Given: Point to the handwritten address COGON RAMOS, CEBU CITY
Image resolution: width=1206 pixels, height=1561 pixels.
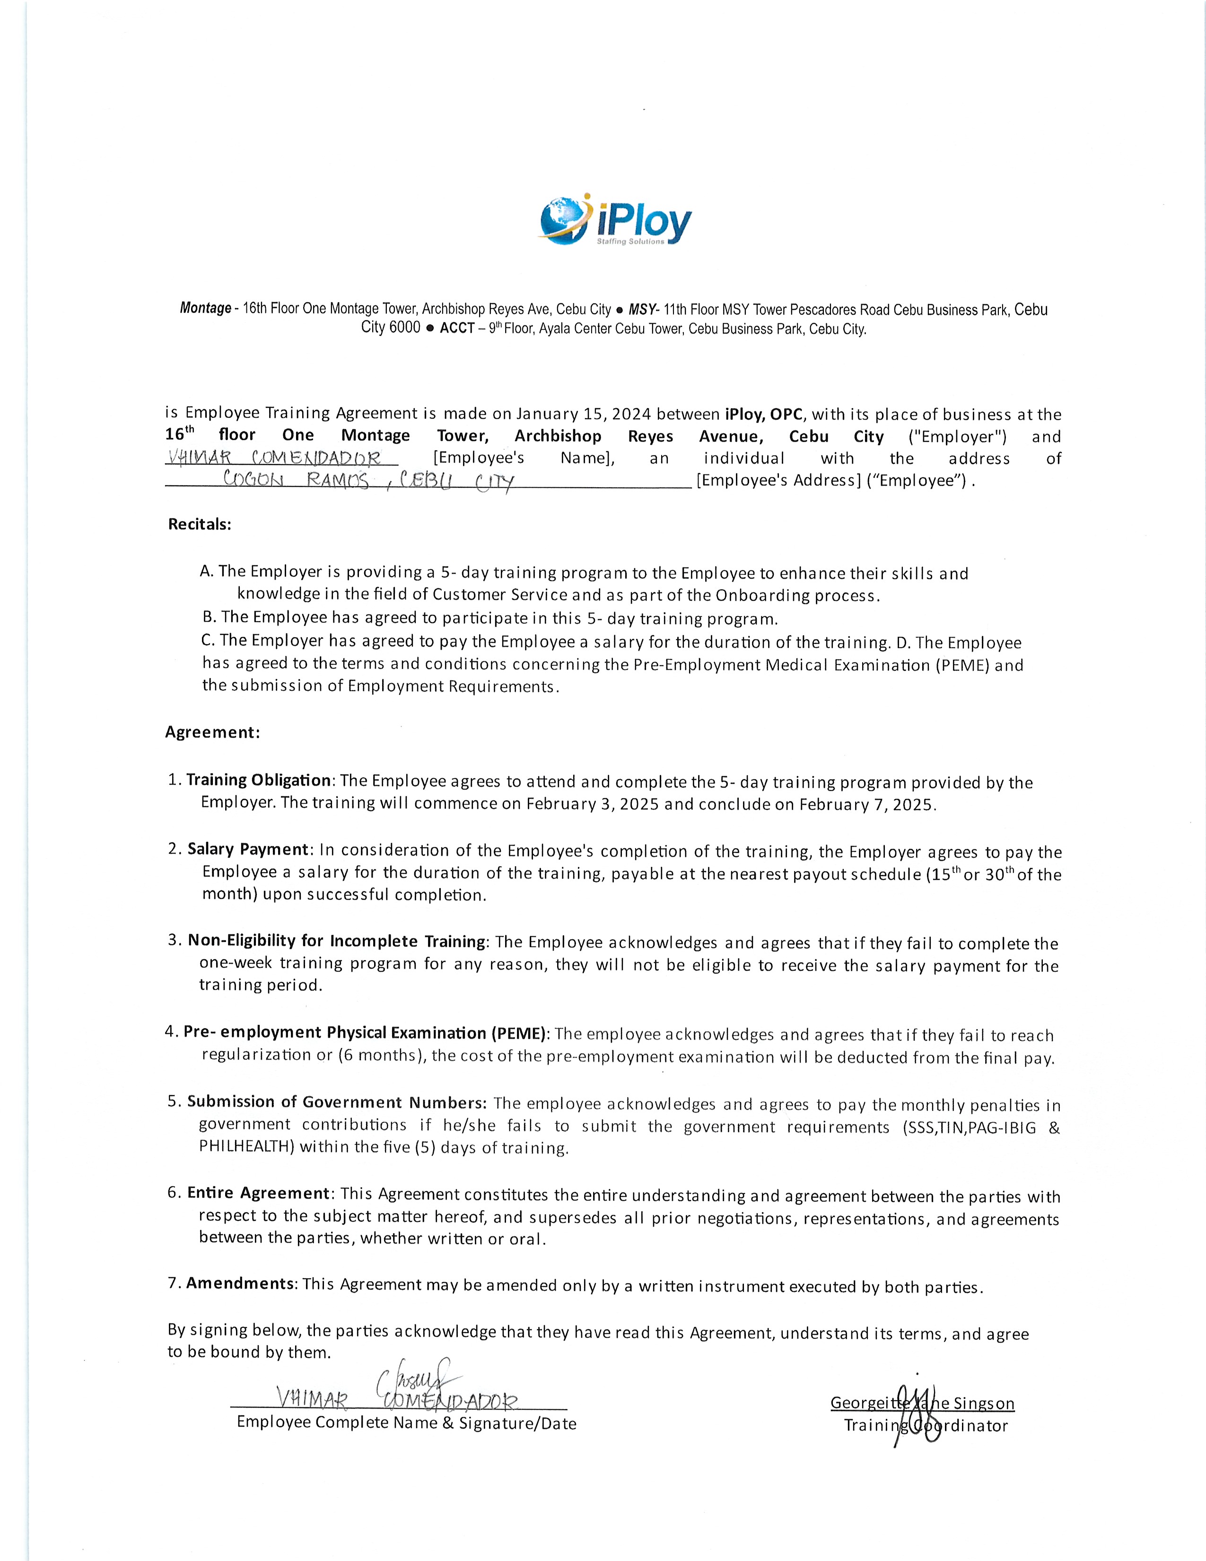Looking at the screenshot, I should (x=368, y=480).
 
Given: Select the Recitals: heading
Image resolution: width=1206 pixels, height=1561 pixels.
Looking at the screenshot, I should (x=199, y=524).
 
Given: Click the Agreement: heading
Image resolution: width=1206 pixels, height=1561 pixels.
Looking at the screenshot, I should (x=212, y=732).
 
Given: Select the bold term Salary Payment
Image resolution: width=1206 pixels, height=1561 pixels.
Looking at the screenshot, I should (x=248, y=849).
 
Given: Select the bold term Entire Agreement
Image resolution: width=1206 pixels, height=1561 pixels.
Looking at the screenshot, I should (x=258, y=1193).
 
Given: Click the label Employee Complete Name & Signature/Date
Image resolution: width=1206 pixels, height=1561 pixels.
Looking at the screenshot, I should (x=406, y=1422).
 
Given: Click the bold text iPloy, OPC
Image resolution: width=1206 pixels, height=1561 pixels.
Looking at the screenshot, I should (x=764, y=414).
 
